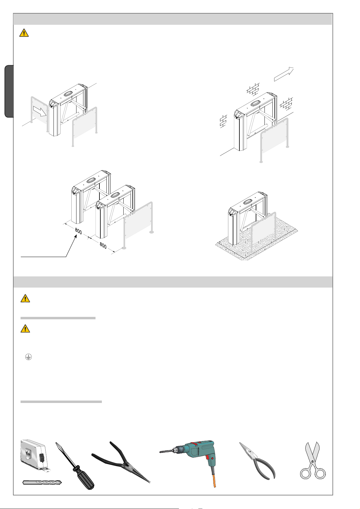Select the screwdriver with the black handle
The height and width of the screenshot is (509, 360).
75,466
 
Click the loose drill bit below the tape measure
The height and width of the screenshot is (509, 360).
42,482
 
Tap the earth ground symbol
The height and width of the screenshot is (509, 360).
28,357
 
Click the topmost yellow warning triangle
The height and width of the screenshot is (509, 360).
24,33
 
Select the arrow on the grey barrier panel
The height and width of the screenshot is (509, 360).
40,111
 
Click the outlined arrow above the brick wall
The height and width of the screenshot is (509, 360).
284,74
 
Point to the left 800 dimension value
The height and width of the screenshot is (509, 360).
78,231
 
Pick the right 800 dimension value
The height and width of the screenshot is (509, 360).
103,245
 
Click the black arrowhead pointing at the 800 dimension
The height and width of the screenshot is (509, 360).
76,237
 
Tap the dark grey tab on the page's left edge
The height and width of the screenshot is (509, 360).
9,91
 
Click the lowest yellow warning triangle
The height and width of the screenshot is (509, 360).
25,329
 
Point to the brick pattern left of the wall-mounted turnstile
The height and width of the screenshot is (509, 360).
223,121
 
